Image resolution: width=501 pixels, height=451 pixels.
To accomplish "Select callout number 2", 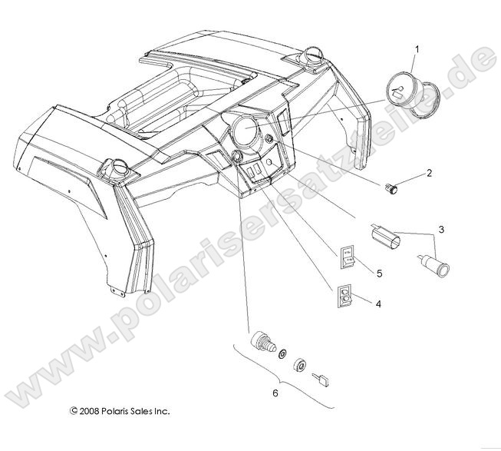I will pos(429,173).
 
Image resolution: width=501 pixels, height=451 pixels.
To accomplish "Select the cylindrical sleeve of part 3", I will pos(387,237).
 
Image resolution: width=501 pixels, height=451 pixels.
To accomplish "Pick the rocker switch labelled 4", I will pos(344,295).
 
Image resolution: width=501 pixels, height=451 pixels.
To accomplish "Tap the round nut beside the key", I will pos(302,365).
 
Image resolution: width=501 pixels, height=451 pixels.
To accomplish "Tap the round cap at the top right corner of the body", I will pos(314,55).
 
